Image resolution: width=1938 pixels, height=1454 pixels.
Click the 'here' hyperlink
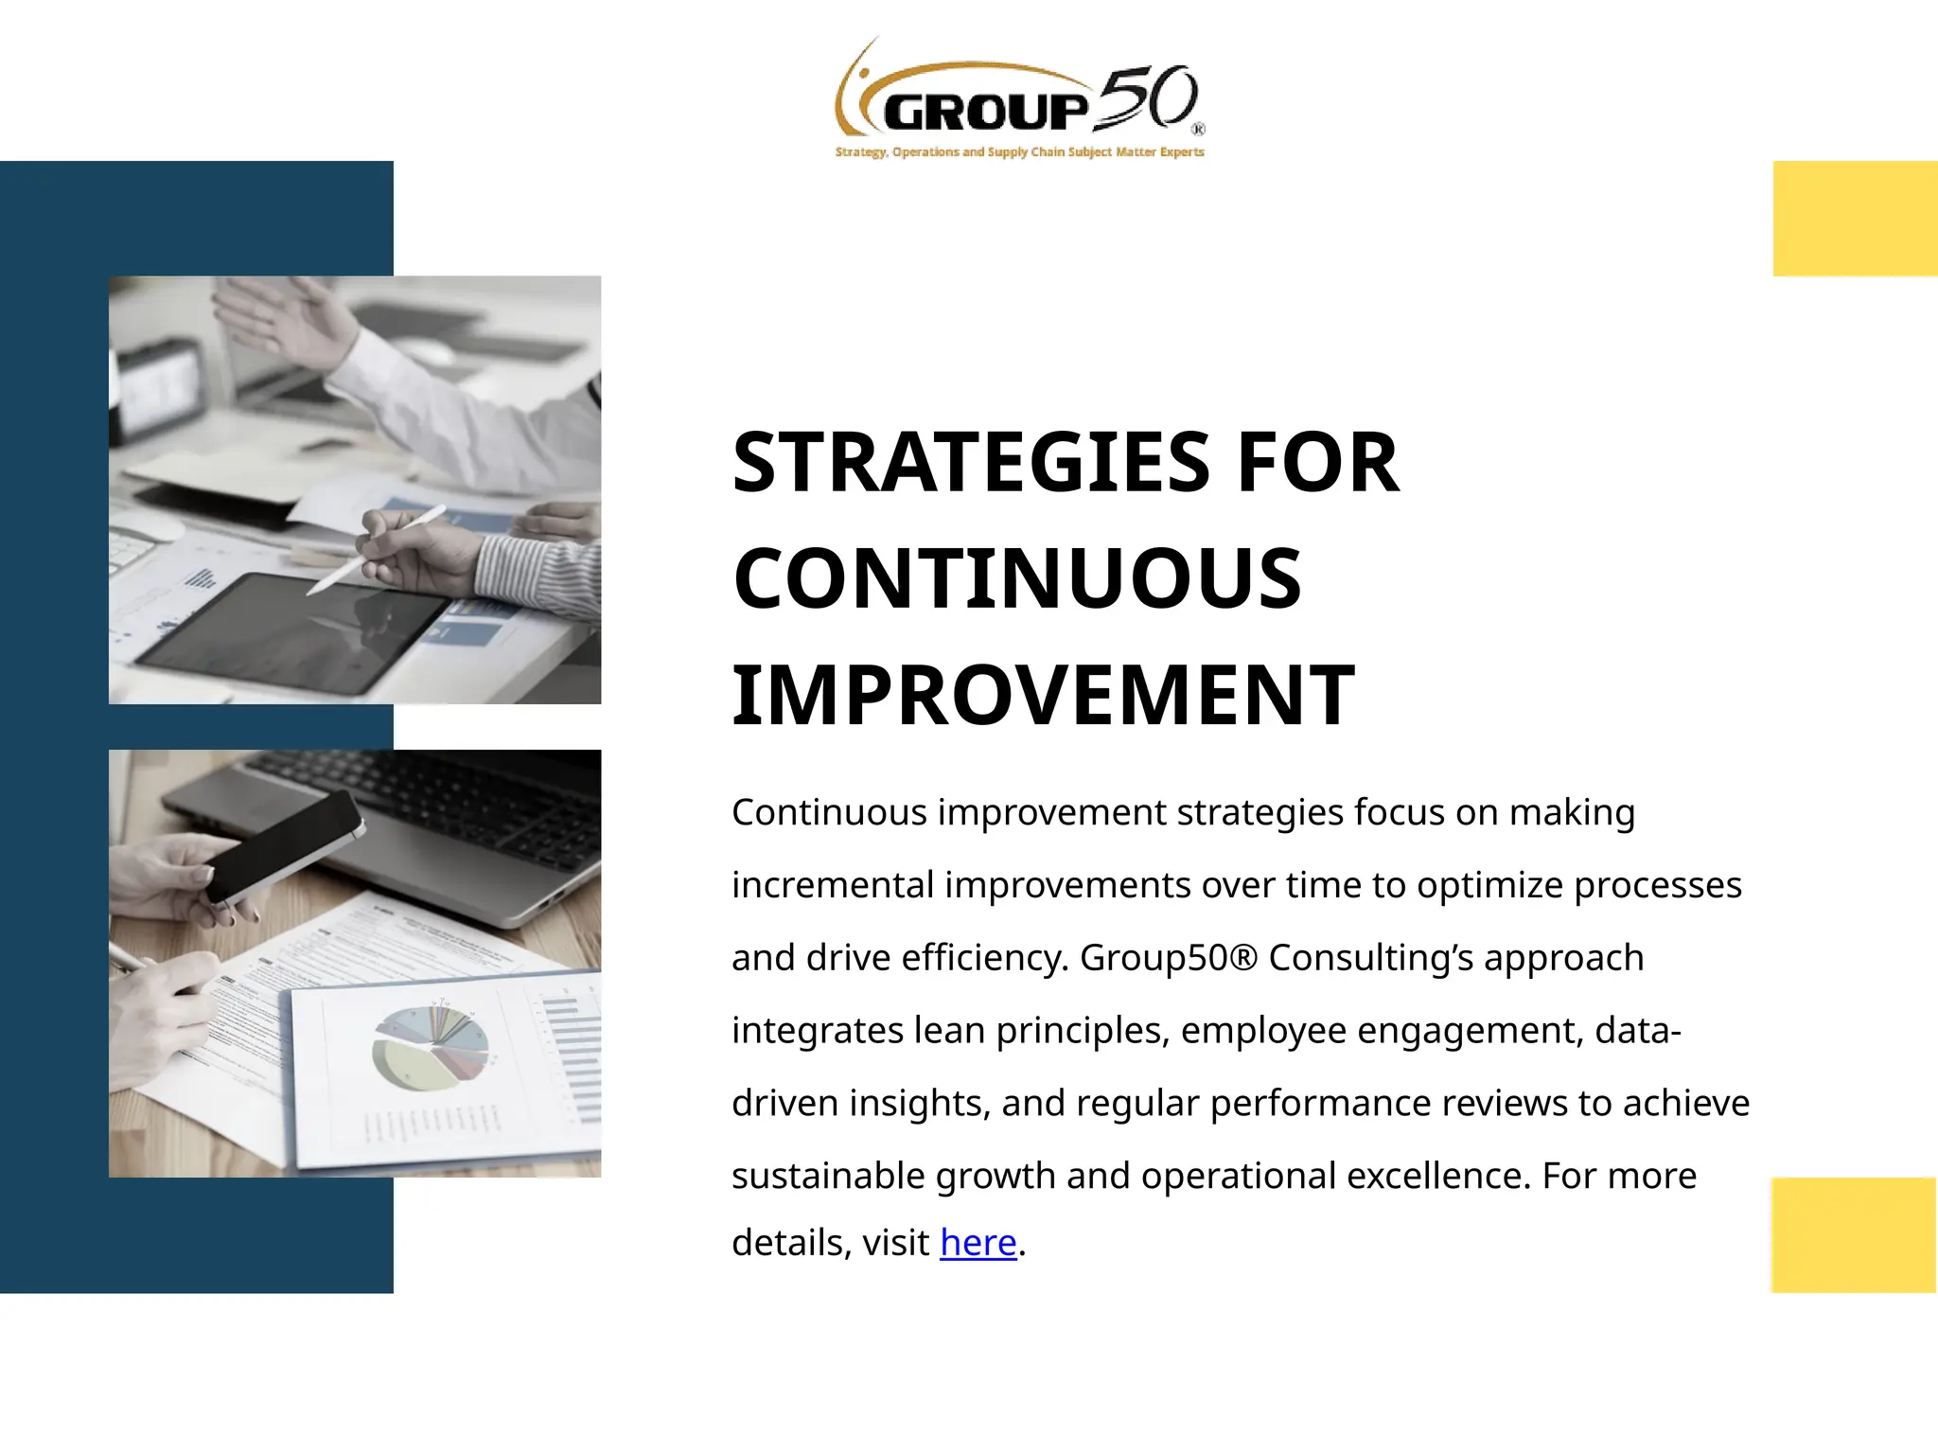pyautogui.click(x=978, y=1243)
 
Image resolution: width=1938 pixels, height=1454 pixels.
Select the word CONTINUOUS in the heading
pyautogui.click(x=1017, y=578)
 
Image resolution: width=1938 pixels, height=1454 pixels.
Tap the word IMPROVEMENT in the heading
pyautogui.click(x=1043, y=696)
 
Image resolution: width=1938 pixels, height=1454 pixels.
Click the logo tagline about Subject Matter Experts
pyautogui.click(x=1019, y=151)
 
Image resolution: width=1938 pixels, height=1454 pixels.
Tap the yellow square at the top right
pyautogui.click(x=1855, y=219)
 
